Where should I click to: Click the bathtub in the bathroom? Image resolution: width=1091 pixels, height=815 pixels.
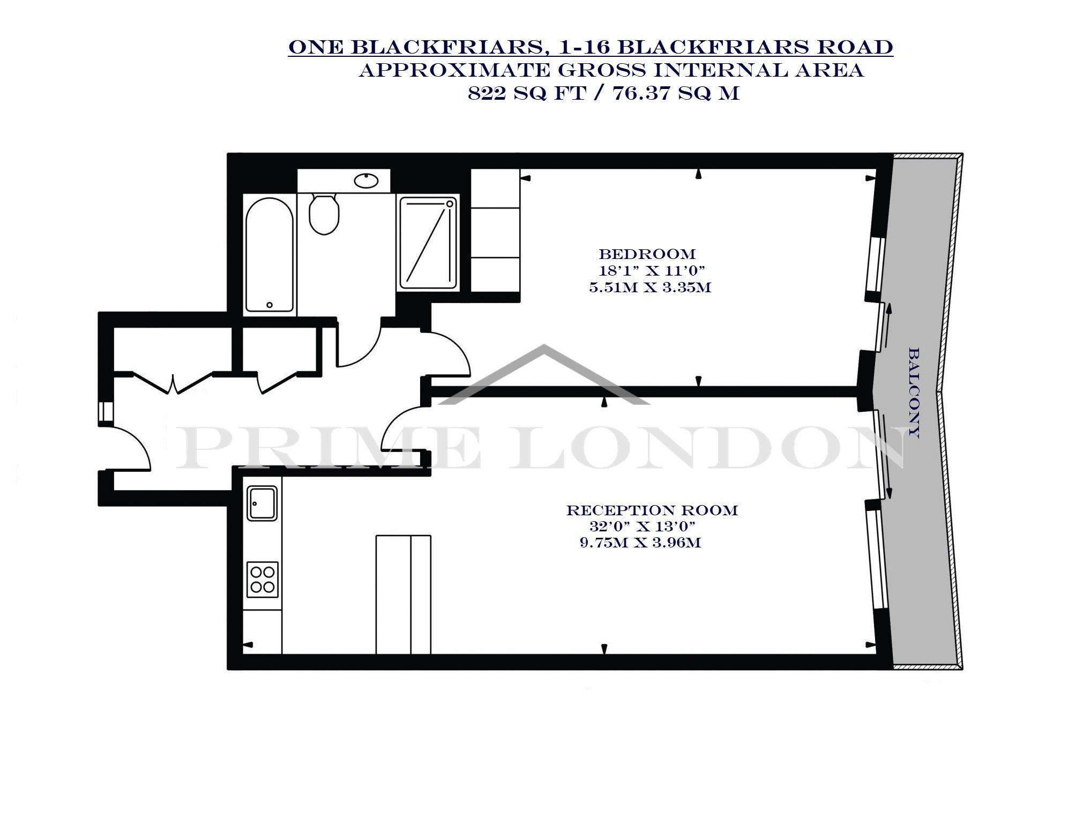pos(270,255)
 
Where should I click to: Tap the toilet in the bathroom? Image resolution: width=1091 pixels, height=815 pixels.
pos(324,214)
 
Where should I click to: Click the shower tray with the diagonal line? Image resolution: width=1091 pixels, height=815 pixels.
pos(429,243)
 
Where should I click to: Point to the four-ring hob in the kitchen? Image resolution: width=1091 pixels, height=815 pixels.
pos(263,579)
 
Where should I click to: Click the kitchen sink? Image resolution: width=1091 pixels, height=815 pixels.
pos(262,503)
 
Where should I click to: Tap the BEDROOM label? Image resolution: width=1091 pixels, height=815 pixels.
pos(647,254)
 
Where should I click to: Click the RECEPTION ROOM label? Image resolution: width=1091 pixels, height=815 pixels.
pos(652,510)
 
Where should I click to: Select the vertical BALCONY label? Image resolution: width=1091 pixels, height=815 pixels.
pos(914,393)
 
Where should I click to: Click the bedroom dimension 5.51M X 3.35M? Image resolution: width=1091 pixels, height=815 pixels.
pos(650,288)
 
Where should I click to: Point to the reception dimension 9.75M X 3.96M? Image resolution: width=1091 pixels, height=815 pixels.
pos(640,543)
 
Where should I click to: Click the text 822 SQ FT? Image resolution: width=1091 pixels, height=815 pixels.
pos(529,94)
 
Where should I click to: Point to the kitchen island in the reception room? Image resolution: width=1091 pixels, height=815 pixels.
pos(403,594)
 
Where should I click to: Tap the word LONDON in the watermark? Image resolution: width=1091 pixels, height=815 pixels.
pos(706,444)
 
